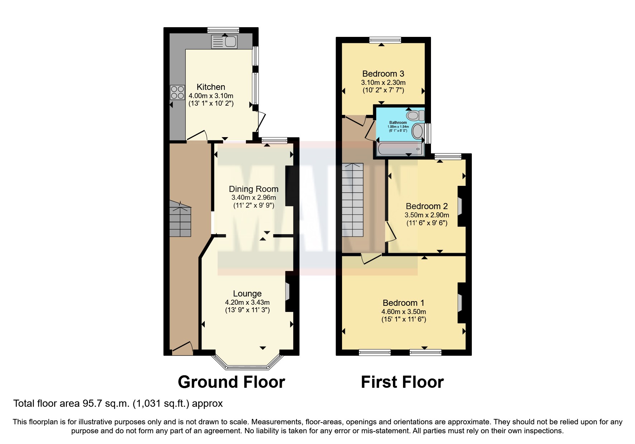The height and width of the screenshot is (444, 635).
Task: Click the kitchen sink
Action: click(x=224, y=42)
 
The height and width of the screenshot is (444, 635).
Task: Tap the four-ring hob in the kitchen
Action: click(x=177, y=92)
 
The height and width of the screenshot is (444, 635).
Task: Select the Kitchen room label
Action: click(x=211, y=87)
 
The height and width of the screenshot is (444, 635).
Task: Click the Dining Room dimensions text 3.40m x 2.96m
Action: click(x=253, y=198)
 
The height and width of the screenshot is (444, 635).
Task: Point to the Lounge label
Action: click(x=247, y=294)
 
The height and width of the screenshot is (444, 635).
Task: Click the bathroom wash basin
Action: click(x=418, y=131)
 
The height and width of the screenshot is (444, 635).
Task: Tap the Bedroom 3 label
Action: click(x=383, y=74)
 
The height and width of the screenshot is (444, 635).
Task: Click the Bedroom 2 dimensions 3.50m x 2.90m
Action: click(x=427, y=215)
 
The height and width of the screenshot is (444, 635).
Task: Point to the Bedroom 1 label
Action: click(x=403, y=303)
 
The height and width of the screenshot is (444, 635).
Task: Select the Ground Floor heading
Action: click(x=231, y=382)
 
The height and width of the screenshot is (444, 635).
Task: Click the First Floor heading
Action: click(x=402, y=382)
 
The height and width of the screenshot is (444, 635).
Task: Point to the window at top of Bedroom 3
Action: click(x=385, y=40)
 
